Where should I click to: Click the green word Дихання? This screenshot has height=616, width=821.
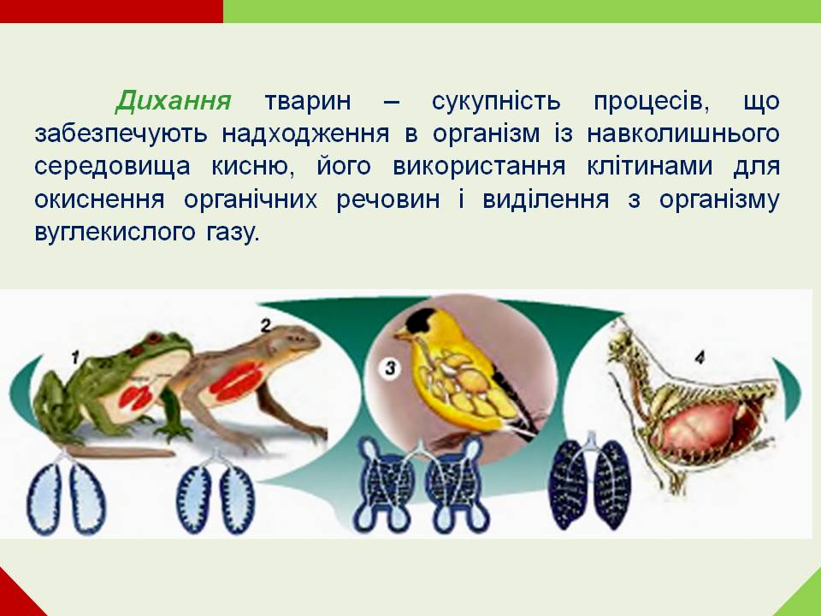point(174,101)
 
